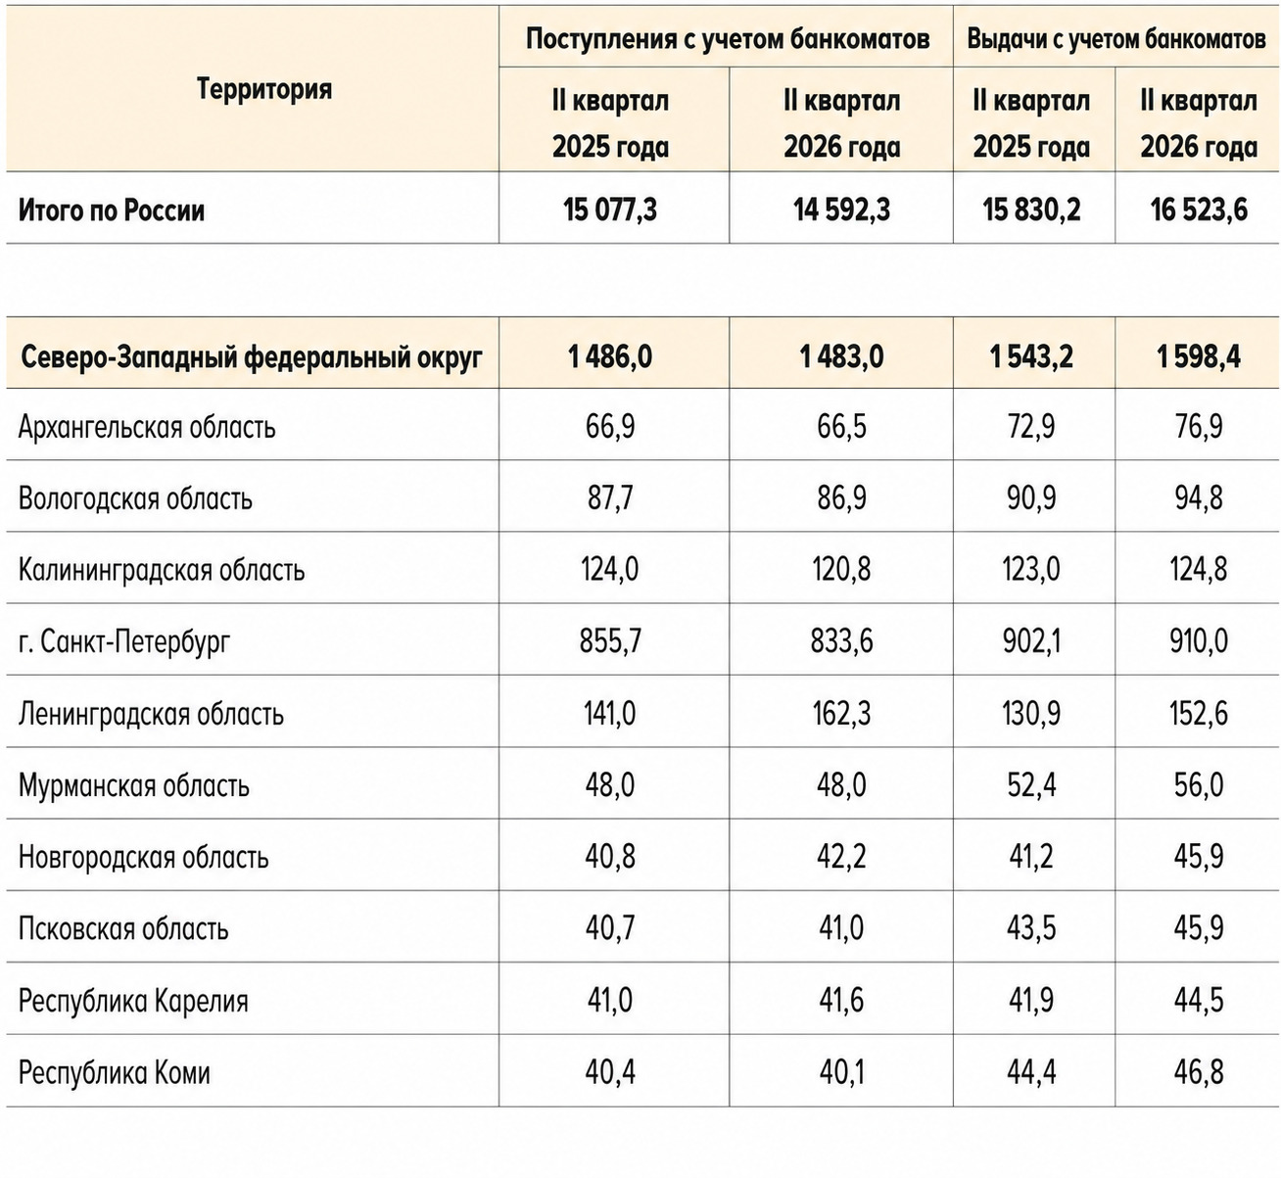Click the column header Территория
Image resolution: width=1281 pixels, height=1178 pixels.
pos(264,88)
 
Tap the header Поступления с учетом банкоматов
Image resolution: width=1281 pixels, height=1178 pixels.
pos(728,39)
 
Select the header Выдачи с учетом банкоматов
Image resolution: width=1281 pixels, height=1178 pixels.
pos(1116,39)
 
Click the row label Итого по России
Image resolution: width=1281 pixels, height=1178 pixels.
pos(111,211)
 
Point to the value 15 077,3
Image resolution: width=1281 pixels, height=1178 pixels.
pos(610,211)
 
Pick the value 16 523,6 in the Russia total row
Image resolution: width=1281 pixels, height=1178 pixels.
pos(1199,211)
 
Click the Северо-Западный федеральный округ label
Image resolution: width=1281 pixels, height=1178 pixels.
pos(252,356)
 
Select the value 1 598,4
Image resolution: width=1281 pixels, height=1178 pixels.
pos(1199,356)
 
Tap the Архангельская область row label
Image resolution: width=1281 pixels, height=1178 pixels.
pos(147,427)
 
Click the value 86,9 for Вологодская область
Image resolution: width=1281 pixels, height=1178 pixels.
pos(841,498)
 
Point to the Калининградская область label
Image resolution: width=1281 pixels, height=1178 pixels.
pos(162,570)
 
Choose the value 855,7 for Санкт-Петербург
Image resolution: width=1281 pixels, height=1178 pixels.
pos(610,641)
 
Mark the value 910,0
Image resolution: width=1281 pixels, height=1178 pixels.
pos(1199,641)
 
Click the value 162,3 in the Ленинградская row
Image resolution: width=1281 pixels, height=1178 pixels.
pos(841,713)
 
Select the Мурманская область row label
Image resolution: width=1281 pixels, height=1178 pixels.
pos(133,785)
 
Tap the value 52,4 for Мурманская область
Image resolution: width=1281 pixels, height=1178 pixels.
pos(1031,784)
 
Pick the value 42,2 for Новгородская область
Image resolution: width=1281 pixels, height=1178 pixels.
pos(841,857)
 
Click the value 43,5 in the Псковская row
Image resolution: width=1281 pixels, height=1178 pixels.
pos(1031,928)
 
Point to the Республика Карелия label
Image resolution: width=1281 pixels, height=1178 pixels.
pos(133,1001)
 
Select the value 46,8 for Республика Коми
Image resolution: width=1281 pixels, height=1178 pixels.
pos(1199,1072)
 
